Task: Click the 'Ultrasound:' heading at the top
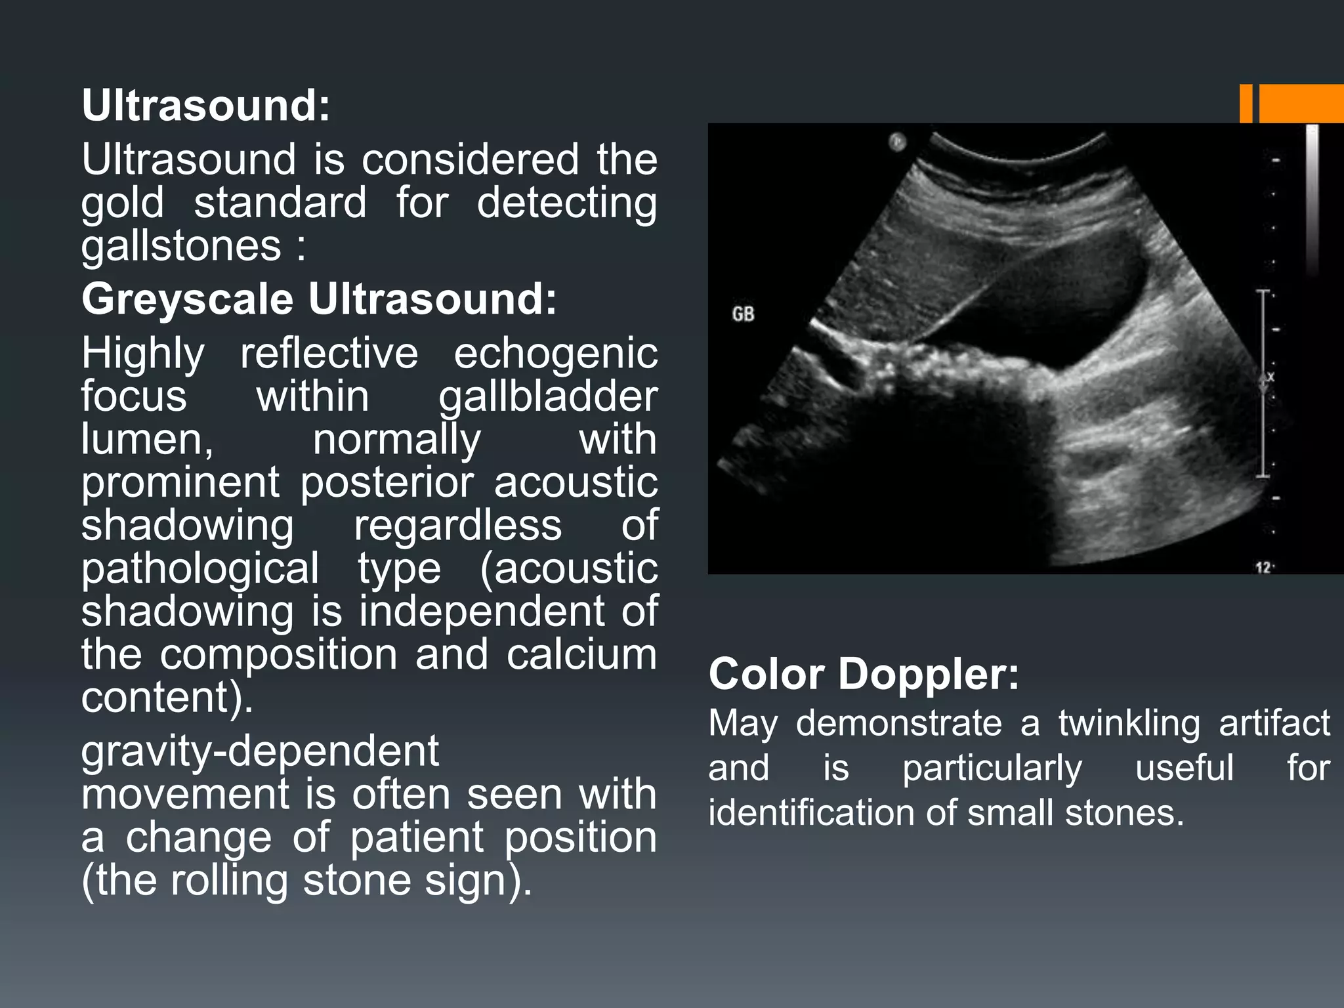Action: coord(205,106)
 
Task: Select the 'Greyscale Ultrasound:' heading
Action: coord(319,299)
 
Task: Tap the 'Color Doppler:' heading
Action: coord(864,674)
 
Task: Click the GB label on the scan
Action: coord(743,314)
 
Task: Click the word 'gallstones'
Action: coord(181,246)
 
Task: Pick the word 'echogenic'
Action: coord(555,354)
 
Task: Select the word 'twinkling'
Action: coord(1129,723)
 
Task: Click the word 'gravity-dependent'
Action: coord(260,751)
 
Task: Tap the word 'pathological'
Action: coord(200,568)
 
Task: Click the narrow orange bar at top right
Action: coord(1246,104)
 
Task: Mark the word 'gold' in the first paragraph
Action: coord(122,203)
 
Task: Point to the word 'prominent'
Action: coord(180,482)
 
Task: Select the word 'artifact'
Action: coord(1274,723)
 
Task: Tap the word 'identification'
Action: coord(811,813)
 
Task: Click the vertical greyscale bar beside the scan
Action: coord(1311,197)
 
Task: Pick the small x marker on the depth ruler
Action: coord(1270,377)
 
